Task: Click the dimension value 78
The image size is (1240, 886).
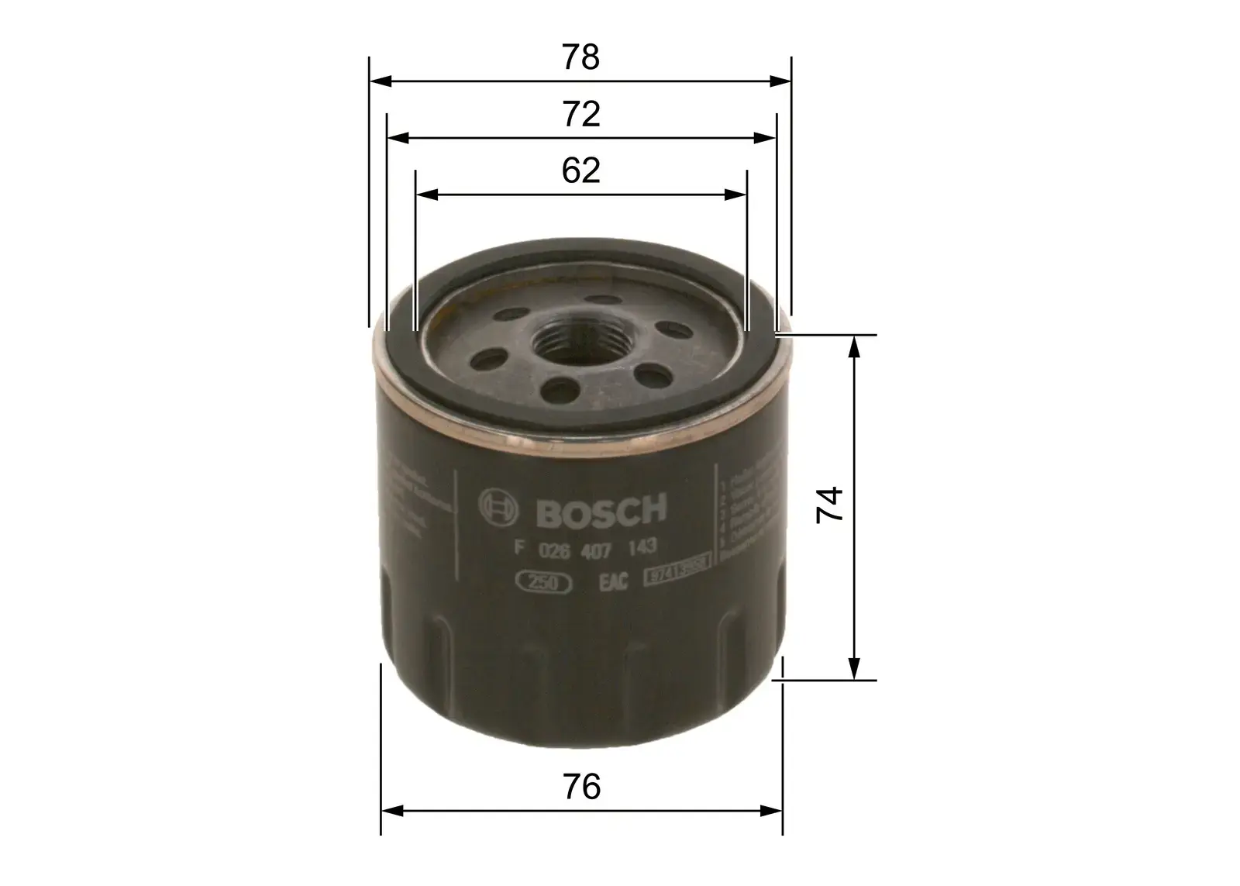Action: [x=580, y=58]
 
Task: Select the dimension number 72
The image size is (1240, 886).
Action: [x=580, y=115]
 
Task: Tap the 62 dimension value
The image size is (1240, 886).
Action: [x=580, y=171]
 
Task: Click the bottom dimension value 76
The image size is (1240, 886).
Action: [x=580, y=787]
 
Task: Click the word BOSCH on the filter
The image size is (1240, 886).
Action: [x=601, y=510]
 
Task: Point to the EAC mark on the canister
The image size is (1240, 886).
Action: [x=613, y=582]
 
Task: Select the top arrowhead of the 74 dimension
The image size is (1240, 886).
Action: [x=854, y=346]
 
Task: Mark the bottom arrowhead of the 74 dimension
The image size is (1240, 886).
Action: [x=854, y=670]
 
